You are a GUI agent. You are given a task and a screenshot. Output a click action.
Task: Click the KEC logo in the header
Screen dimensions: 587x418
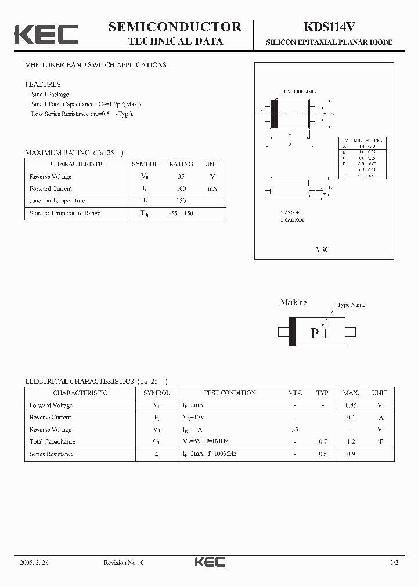46,34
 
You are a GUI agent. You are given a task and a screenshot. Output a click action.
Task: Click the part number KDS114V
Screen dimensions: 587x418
329,27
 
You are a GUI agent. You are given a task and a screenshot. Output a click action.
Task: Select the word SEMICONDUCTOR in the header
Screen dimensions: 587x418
175,27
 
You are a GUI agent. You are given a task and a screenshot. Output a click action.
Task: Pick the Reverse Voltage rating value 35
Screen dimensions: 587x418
181,176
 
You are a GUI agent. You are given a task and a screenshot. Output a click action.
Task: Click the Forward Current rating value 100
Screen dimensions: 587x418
181,189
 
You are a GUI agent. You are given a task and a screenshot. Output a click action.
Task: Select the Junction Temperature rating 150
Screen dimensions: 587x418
181,201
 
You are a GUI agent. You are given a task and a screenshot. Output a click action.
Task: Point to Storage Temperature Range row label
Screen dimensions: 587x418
65,213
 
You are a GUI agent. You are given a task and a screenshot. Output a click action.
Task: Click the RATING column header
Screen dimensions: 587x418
181,164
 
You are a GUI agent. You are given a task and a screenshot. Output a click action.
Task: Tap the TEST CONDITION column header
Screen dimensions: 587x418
229,393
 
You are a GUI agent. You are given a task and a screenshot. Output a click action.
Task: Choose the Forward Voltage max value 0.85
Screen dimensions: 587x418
350,405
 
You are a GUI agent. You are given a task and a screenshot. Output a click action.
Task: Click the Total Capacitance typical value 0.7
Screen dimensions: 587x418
323,442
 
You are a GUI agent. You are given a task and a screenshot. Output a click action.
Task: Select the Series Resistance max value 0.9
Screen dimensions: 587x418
350,454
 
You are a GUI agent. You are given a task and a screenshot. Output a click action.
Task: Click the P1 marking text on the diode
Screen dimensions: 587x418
319,333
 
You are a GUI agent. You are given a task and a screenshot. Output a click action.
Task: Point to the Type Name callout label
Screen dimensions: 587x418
351,305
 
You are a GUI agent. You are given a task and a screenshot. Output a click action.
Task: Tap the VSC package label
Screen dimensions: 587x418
322,249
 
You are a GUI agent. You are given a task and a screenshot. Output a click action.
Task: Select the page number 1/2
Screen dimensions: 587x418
394,563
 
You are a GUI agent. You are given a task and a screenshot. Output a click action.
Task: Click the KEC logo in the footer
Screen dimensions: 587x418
209,563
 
